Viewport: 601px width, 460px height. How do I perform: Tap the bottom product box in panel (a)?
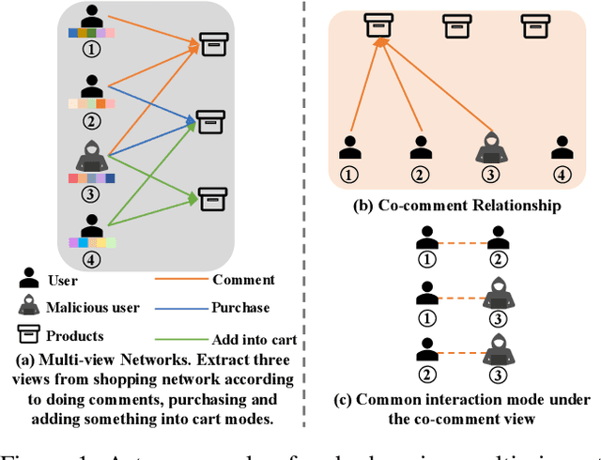point(211,198)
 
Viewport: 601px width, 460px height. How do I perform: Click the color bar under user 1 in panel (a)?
point(92,34)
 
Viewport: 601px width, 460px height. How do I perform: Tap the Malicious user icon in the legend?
point(29,307)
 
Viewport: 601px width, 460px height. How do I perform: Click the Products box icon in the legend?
point(29,335)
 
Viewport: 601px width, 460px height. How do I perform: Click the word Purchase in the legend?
point(241,307)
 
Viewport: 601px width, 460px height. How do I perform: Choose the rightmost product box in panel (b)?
point(534,24)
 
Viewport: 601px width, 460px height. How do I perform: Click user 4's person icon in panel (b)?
point(562,147)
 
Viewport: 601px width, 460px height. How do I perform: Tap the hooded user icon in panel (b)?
point(490,146)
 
